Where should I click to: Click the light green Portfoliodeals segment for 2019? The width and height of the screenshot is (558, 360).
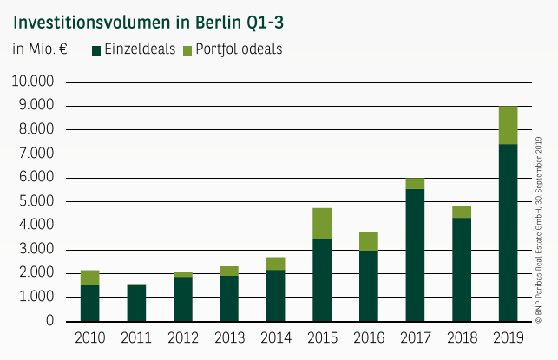coord(508,125)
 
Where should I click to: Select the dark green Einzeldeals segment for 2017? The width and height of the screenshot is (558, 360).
coord(415,255)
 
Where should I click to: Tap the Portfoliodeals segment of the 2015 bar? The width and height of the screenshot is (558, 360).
coord(322,223)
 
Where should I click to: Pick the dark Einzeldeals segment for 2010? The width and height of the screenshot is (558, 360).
coord(89,303)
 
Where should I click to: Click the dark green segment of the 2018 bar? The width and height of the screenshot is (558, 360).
coord(461,269)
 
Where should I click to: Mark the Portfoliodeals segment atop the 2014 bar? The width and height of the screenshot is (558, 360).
coord(275,264)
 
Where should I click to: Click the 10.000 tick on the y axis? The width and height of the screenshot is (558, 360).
coord(32,82)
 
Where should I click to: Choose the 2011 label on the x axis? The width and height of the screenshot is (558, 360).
coord(136,337)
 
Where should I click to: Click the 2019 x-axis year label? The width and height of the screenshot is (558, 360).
coord(508,337)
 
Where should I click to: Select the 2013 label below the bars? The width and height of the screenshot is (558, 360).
coord(229,337)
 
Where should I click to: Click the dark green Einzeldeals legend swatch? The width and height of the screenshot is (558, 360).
coord(96,50)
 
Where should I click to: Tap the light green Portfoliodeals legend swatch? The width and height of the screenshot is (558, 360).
coord(188,50)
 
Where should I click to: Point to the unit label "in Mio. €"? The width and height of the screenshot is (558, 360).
coord(40,49)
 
